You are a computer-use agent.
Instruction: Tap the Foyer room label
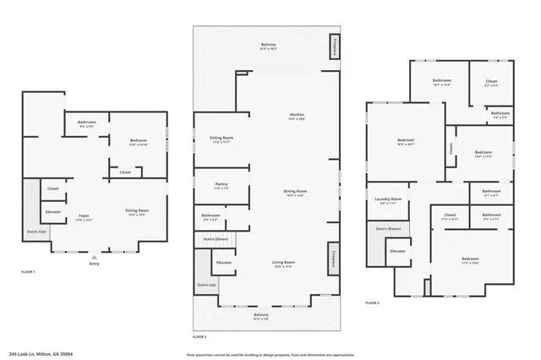pos(84,216)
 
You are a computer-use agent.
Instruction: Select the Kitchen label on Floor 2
pos(297,116)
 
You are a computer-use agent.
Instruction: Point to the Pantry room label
pos(221,187)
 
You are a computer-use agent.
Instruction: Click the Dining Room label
pos(295,193)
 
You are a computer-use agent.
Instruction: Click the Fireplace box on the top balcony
pos(335,47)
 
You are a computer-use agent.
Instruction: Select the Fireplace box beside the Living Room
pos(334,258)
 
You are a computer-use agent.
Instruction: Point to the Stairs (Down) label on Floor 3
pos(387,229)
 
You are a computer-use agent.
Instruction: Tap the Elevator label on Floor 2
pos(224,263)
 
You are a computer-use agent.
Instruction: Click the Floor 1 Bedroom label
pos(139,141)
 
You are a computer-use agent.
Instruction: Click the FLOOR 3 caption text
pos(372,302)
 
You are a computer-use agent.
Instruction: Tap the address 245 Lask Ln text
pos(46,354)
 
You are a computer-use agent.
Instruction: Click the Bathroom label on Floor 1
pos(87,123)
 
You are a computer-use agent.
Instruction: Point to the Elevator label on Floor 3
pos(397,251)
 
